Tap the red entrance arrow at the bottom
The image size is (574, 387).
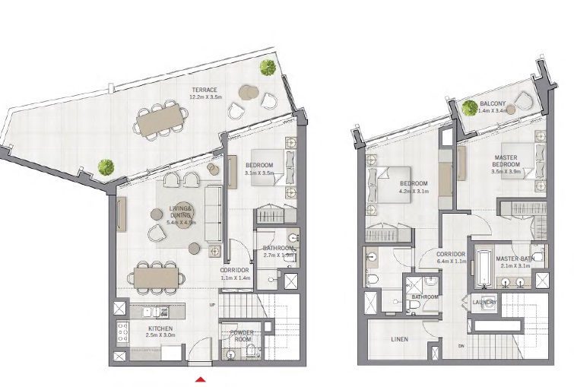[201, 379]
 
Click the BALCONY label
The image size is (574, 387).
[493, 103]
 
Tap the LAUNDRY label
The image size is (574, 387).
[484, 303]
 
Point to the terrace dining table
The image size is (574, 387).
[161, 120]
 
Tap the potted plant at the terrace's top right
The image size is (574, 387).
[268, 68]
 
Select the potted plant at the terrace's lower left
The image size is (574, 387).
[106, 166]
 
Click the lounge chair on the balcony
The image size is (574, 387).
[522, 101]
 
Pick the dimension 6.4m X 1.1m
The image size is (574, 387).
[451, 261]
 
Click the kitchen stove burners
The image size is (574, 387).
[121, 333]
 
